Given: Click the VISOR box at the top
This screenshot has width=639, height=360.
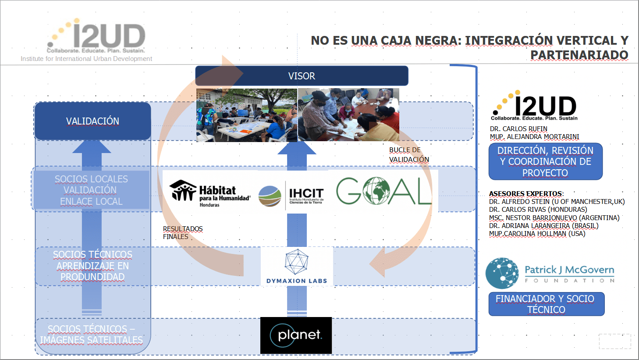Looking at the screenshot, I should [x=302, y=76].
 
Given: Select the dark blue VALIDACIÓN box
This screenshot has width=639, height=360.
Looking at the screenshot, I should [x=92, y=121].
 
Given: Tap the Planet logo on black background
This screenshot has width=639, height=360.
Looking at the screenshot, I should [x=296, y=335].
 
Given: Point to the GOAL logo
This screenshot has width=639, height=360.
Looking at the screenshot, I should [x=383, y=191].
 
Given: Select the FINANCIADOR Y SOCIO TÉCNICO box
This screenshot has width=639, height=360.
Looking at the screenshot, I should [x=546, y=304].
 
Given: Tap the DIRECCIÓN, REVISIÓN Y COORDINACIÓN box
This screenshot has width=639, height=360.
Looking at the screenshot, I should [x=545, y=161].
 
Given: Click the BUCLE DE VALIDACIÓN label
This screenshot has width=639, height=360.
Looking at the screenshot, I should [x=408, y=155].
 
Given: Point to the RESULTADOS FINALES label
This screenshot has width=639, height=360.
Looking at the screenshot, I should [x=182, y=233].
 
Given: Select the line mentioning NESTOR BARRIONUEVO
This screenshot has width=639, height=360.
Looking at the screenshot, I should [x=554, y=218].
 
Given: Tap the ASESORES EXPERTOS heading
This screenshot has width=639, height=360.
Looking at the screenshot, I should [x=526, y=194].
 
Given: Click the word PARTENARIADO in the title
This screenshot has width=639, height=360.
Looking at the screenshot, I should [x=579, y=55].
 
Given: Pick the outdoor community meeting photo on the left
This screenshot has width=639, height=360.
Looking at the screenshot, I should [x=246, y=115].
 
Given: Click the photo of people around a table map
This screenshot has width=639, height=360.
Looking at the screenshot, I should [x=348, y=115].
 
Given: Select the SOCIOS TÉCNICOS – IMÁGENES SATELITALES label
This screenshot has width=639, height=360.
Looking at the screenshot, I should [x=92, y=335].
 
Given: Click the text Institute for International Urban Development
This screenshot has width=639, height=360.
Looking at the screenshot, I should [x=86, y=59].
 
